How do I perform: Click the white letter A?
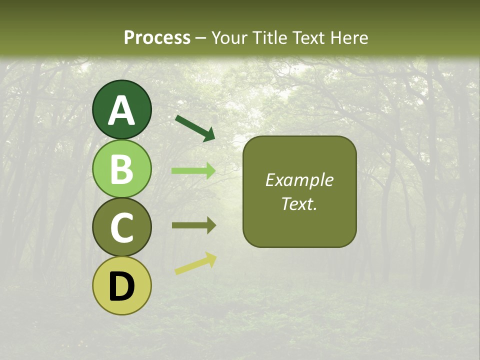pos(121,110)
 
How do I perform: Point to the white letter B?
pos(121,169)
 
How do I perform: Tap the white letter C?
pos(121,228)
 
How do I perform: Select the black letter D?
pos(121,286)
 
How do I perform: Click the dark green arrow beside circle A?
pos(195,128)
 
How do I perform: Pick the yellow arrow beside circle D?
pos(195,263)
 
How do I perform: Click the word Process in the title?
pos(157,37)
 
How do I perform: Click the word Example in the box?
pos(299,180)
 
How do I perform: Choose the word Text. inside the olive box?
pos(299,203)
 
